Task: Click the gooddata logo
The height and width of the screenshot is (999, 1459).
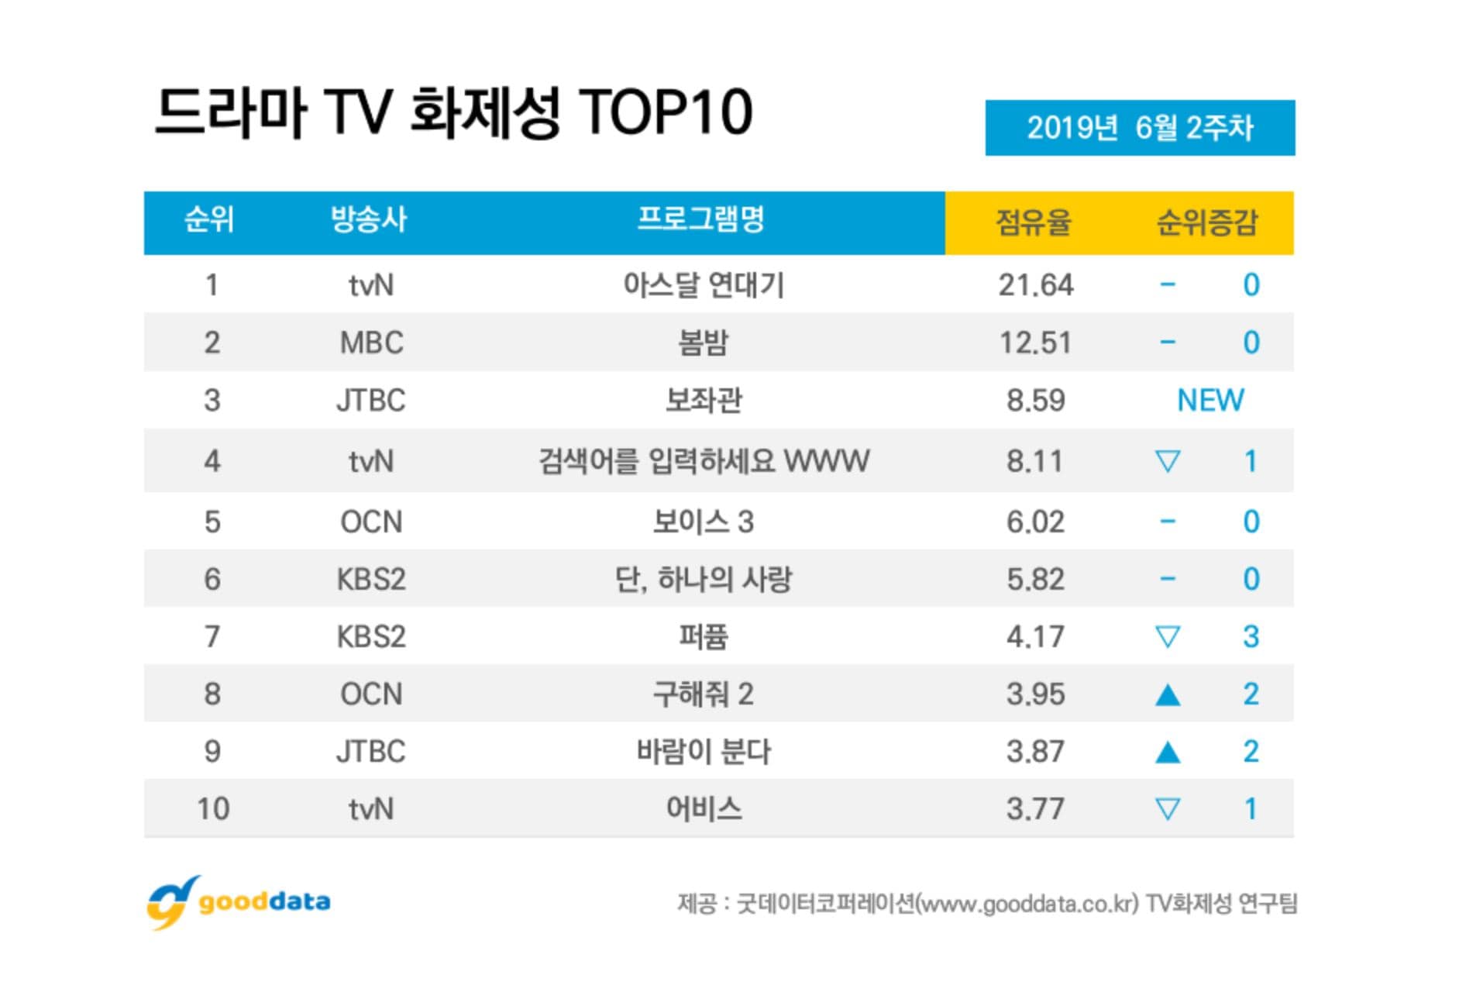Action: (239, 902)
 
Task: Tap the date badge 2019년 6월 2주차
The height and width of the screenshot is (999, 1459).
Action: (1139, 128)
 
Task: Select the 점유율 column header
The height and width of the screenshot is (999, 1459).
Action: (1034, 222)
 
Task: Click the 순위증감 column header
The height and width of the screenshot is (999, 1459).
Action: (1206, 222)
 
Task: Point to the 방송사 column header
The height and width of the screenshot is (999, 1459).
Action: (369, 220)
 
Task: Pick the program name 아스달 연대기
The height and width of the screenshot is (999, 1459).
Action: (704, 285)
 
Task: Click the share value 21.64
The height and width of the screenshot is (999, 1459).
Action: (1035, 285)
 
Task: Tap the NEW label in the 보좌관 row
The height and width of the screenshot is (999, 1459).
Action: (1210, 401)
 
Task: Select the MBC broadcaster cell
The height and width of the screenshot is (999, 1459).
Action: (371, 343)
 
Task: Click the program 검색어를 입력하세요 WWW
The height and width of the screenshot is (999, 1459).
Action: (704, 461)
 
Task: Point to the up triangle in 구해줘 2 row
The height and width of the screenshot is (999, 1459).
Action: (1167, 694)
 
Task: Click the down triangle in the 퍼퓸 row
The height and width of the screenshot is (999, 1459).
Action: (1167, 637)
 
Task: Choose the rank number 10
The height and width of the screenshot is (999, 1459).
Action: (213, 809)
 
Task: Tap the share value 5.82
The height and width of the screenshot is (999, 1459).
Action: (1035, 580)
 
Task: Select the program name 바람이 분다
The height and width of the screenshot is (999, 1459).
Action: (704, 752)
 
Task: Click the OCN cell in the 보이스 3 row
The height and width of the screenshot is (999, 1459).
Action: (371, 522)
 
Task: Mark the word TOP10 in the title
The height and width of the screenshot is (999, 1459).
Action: (666, 113)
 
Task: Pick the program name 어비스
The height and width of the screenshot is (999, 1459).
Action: (704, 809)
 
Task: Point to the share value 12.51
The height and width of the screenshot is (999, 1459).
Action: (1035, 343)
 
